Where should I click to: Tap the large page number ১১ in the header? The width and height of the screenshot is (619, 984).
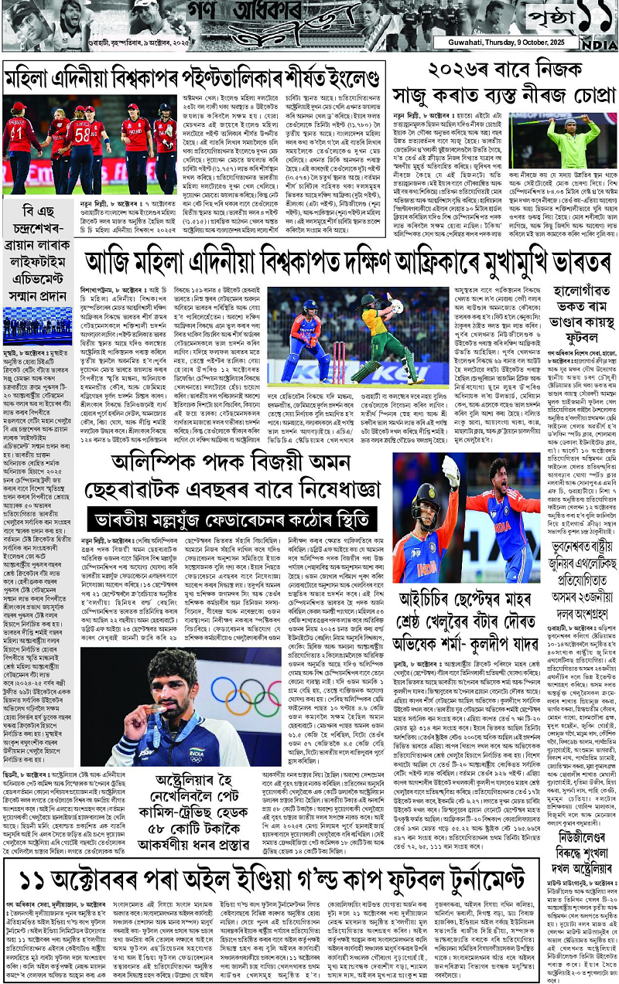[x=592, y=16]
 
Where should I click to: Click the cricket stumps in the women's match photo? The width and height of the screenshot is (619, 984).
[x=338, y=363]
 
